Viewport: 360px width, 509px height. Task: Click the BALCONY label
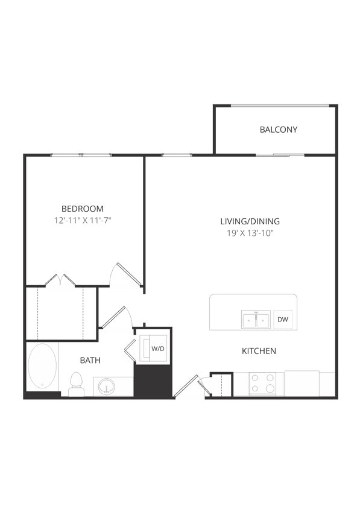278,130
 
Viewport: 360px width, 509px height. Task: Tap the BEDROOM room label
82,209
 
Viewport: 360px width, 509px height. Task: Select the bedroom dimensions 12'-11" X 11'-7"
82,221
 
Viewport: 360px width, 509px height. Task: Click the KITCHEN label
259,351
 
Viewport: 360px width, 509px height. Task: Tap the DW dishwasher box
282,320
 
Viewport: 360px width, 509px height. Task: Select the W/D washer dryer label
157,349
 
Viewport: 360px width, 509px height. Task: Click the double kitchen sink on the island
256,320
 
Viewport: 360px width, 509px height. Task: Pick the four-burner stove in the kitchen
262,384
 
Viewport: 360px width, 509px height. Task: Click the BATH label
90,361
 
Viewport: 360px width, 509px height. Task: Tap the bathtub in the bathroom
42,367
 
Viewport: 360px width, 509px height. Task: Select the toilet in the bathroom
76,384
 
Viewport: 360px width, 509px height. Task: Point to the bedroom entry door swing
127,274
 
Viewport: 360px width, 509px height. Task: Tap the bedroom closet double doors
60,280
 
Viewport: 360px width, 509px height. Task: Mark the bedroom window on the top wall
81,155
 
